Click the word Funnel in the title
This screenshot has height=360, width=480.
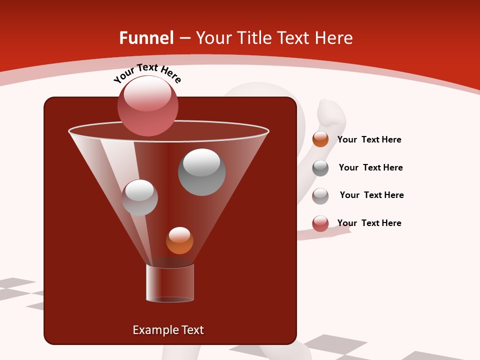tap(146, 38)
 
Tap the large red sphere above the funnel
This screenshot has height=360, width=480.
tap(147, 105)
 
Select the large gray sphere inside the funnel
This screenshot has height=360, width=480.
tap(201, 172)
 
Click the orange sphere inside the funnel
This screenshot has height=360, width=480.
tap(179, 240)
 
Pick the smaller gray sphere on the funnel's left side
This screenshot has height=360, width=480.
tap(139, 197)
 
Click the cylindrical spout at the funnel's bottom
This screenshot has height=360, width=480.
tap(170, 283)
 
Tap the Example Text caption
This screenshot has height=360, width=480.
tap(168, 330)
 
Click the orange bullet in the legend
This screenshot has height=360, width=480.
tap(320, 139)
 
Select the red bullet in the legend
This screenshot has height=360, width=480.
tap(320, 223)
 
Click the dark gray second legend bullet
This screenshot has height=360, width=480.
tap(320, 168)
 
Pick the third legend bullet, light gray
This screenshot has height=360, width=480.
tap(320, 195)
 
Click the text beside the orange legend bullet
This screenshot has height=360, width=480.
tap(369, 139)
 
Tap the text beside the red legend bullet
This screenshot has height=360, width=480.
tap(369, 223)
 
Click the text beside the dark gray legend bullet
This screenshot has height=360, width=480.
tap(370, 167)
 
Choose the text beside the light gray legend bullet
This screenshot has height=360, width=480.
tap(371, 195)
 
